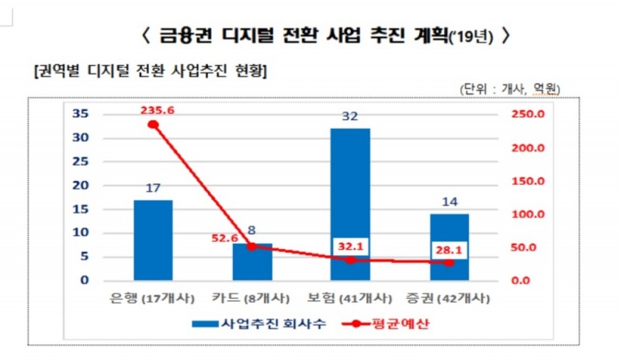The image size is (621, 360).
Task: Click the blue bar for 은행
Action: click(153, 240)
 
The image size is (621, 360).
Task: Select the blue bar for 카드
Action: click(252, 261)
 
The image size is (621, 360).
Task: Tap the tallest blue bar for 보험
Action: click(350, 204)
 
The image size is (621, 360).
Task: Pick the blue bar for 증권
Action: click(449, 247)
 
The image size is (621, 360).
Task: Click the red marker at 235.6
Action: click(154, 124)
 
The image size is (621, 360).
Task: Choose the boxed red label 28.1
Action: click(449, 250)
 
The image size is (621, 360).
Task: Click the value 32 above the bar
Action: click(350, 116)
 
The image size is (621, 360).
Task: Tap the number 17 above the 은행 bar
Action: click(153, 187)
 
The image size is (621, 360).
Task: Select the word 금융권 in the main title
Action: click(188, 35)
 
